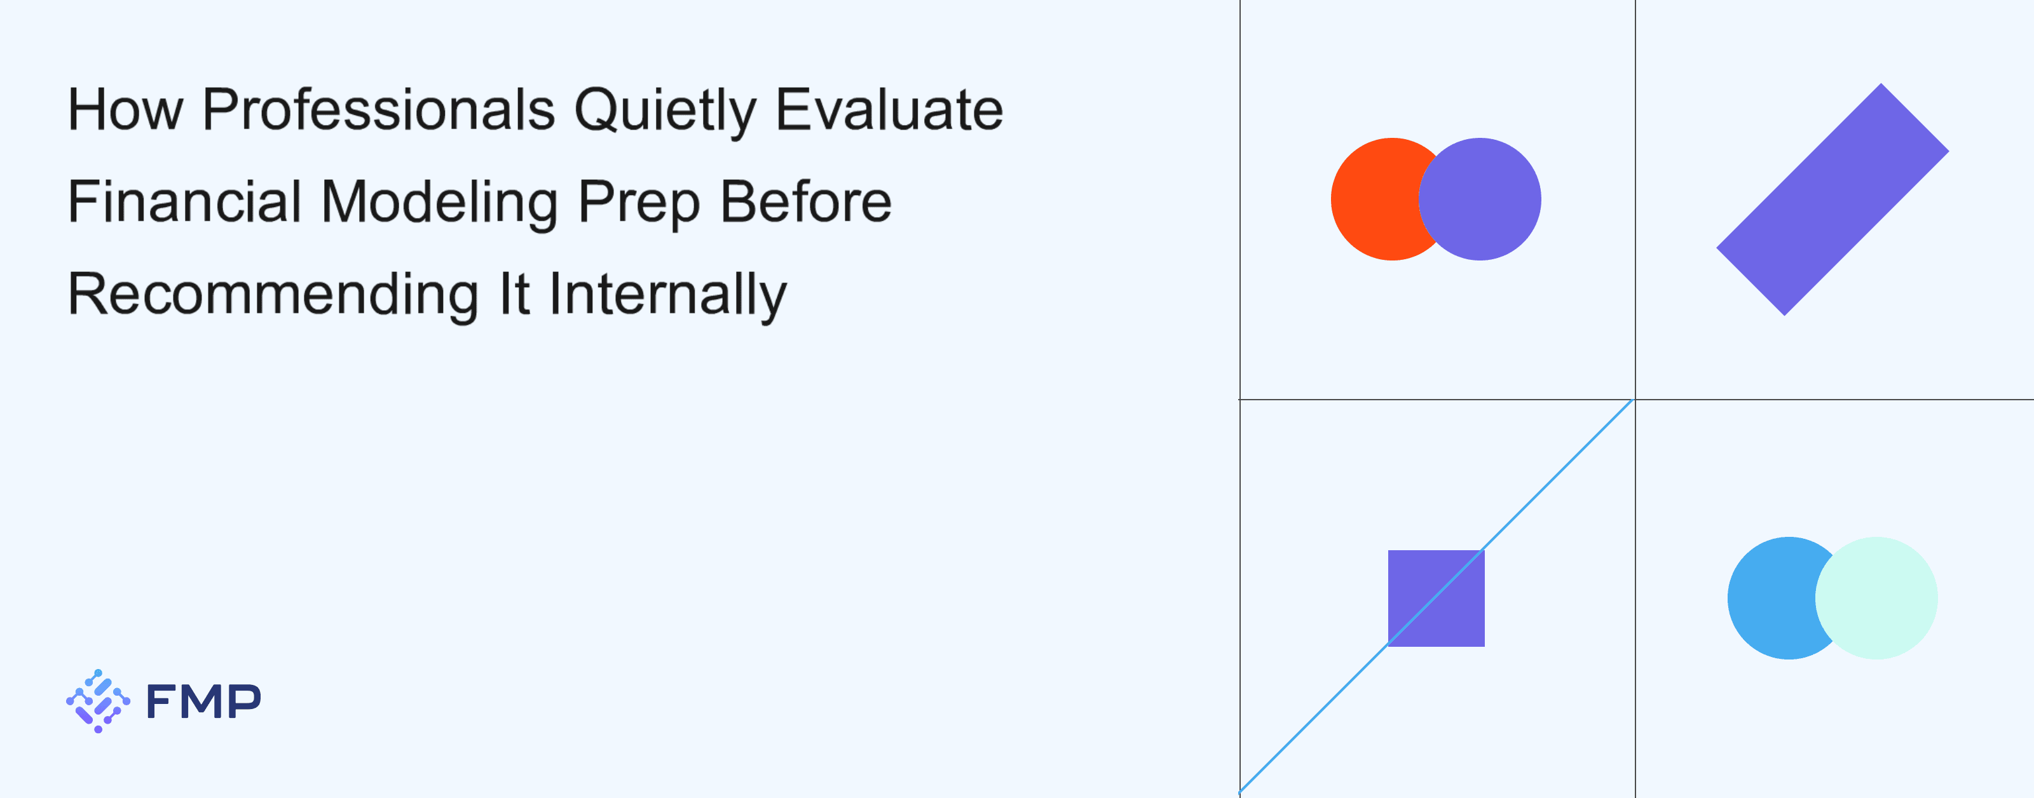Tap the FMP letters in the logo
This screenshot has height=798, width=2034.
[203, 701]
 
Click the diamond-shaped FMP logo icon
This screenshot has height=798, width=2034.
[98, 701]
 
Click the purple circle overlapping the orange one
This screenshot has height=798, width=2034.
[1480, 199]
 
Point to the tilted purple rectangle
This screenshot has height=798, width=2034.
[1833, 199]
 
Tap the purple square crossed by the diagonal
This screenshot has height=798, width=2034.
[1437, 598]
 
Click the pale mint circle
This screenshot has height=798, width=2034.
[1876, 598]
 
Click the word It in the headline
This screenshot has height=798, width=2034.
[514, 293]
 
